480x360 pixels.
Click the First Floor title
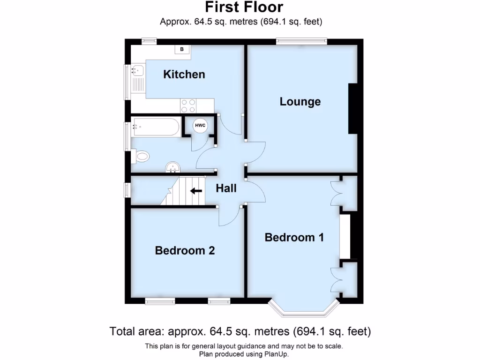(244, 7)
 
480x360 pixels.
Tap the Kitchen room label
(184, 74)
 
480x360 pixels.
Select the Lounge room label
(300, 101)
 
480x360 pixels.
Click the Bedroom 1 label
(294, 237)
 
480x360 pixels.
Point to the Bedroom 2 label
(185, 251)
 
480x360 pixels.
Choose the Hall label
(226, 188)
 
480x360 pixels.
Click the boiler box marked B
(182, 49)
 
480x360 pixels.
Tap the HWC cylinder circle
(200, 126)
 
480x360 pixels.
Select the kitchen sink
(137, 71)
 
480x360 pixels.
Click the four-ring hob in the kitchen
(189, 104)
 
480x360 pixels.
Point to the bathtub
(156, 127)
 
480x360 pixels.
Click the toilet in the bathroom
(141, 156)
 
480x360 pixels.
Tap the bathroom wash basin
(173, 167)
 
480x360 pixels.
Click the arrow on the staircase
(196, 191)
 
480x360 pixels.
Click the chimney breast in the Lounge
(352, 109)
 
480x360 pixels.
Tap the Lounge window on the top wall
(301, 41)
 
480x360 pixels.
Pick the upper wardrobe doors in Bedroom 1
(336, 193)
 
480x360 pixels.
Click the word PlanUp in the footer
(276, 354)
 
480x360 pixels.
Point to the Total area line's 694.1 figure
(311, 331)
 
